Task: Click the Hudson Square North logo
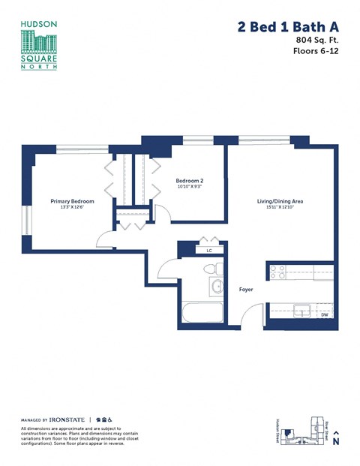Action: [x=39, y=46]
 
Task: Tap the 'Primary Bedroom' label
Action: [x=71, y=201]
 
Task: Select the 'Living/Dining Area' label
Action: [x=280, y=201]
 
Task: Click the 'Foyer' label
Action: [x=246, y=288]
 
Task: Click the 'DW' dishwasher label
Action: [x=325, y=314]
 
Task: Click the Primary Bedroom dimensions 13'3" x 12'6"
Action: [x=71, y=208]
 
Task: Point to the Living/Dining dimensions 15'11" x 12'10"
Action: [x=280, y=208]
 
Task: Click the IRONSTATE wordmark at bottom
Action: [x=68, y=419]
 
